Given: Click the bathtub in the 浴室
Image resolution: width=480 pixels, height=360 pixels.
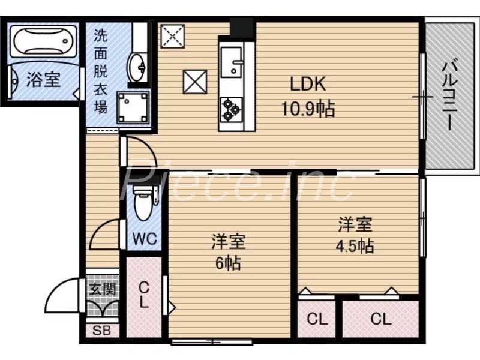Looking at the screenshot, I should tap(41, 41).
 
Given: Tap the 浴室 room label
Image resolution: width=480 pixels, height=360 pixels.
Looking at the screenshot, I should tap(43, 80).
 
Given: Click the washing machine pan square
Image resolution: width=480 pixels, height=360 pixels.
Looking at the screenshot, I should tap(133, 107).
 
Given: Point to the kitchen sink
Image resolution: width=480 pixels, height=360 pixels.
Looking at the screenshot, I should tap(231, 61).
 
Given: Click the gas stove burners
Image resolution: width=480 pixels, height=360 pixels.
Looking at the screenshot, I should tap(231, 109).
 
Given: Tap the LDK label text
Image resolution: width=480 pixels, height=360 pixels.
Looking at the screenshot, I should tap(308, 84).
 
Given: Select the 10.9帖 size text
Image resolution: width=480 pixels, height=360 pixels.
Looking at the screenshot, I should tap(308, 109).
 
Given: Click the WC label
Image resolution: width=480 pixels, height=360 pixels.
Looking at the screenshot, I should tap(145, 238).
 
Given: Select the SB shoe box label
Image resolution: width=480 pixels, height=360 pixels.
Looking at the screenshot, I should tap(100, 330).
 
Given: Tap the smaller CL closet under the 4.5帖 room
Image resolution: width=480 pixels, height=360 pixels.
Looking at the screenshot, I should tap(317, 319).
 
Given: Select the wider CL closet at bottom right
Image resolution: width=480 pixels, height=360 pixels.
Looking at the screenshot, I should tap(380, 319).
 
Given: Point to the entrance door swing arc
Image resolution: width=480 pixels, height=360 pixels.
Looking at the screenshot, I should tap(60, 297).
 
